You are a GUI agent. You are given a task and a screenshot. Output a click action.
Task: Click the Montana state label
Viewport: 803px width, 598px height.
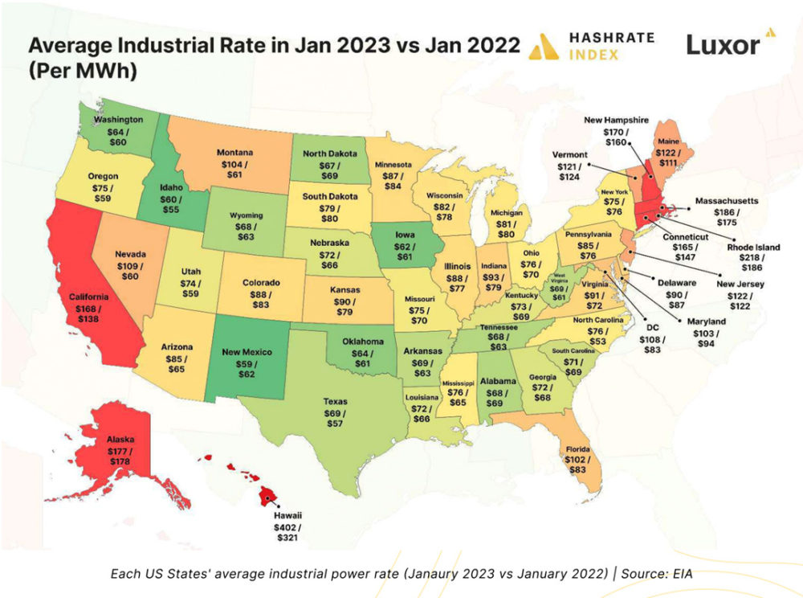click(235, 151)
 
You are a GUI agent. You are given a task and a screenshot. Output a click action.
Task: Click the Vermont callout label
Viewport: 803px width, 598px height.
click(571, 154)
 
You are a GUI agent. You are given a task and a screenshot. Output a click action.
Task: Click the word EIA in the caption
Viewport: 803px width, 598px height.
click(682, 573)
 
